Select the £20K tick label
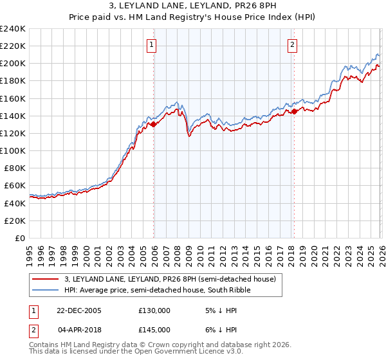pyautogui.click(x=15, y=221)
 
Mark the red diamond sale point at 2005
pyautogui.click(x=154, y=125)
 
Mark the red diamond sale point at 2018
pyautogui.click(x=294, y=112)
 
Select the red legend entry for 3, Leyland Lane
pyautogui.click(x=170, y=279)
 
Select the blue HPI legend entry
pyautogui.click(x=158, y=291)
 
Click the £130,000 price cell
pyautogui.click(x=154, y=310)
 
